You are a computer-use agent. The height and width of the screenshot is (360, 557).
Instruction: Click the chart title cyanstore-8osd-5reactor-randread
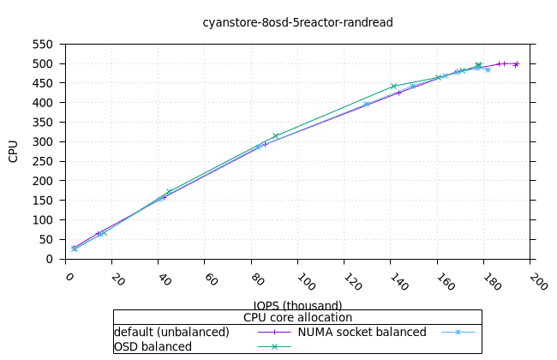pyautogui.click(x=297, y=22)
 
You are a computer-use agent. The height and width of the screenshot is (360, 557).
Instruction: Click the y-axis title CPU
pyautogui.click(x=14, y=151)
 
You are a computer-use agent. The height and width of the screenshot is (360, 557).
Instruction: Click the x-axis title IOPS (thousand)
pyautogui.click(x=297, y=305)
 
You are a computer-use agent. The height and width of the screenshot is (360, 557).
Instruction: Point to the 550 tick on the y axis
pyautogui.click(x=42, y=44)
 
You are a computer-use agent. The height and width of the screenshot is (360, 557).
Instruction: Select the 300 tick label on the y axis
pyautogui.click(x=42, y=141)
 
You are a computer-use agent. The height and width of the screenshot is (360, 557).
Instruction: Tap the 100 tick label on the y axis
pyautogui.click(x=42, y=219)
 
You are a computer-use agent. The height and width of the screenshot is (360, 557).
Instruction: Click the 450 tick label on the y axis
pyautogui.click(x=42, y=83)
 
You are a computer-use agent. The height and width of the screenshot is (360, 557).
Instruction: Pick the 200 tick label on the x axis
pyautogui.click(x=537, y=281)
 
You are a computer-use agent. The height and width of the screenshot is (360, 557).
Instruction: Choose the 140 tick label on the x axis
pyautogui.click(x=398, y=281)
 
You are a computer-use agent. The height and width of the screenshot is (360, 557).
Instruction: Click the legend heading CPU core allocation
pyautogui.click(x=297, y=317)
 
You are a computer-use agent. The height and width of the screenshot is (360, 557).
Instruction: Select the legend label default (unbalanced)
pyautogui.click(x=171, y=332)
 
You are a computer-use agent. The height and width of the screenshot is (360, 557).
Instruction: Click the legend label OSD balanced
pyautogui.click(x=153, y=346)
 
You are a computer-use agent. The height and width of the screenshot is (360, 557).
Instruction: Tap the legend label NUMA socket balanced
pyautogui.click(x=362, y=332)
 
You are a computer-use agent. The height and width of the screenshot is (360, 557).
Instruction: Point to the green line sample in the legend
pyautogui.click(x=274, y=346)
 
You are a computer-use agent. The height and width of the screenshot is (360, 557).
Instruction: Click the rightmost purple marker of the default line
pyautogui.click(x=516, y=63)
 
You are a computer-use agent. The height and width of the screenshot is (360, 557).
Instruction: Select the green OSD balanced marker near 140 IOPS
pyautogui.click(x=393, y=86)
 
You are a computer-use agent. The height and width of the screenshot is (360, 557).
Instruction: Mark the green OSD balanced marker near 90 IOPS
pyautogui.click(x=275, y=136)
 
